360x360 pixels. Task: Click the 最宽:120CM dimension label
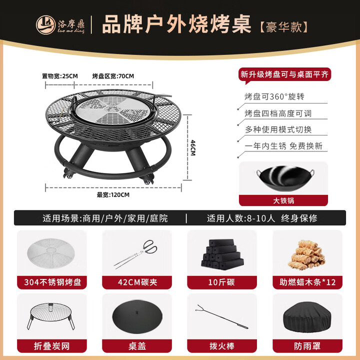pyautogui.click(x=113, y=194)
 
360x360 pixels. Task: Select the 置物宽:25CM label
pyautogui.click(x=60, y=76)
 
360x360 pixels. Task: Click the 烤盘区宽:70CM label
pyautogui.click(x=113, y=76)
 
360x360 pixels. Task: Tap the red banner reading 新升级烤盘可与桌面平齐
pyautogui.click(x=284, y=74)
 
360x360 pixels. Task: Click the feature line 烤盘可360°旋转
pyautogui.click(x=274, y=96)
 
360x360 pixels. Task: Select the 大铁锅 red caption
pyautogui.click(x=283, y=201)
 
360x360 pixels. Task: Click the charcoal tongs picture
pyautogui.click(x=134, y=254)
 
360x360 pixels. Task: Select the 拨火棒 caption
pyautogui.click(x=221, y=345)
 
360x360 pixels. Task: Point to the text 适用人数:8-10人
pyautogui.click(x=239, y=218)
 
